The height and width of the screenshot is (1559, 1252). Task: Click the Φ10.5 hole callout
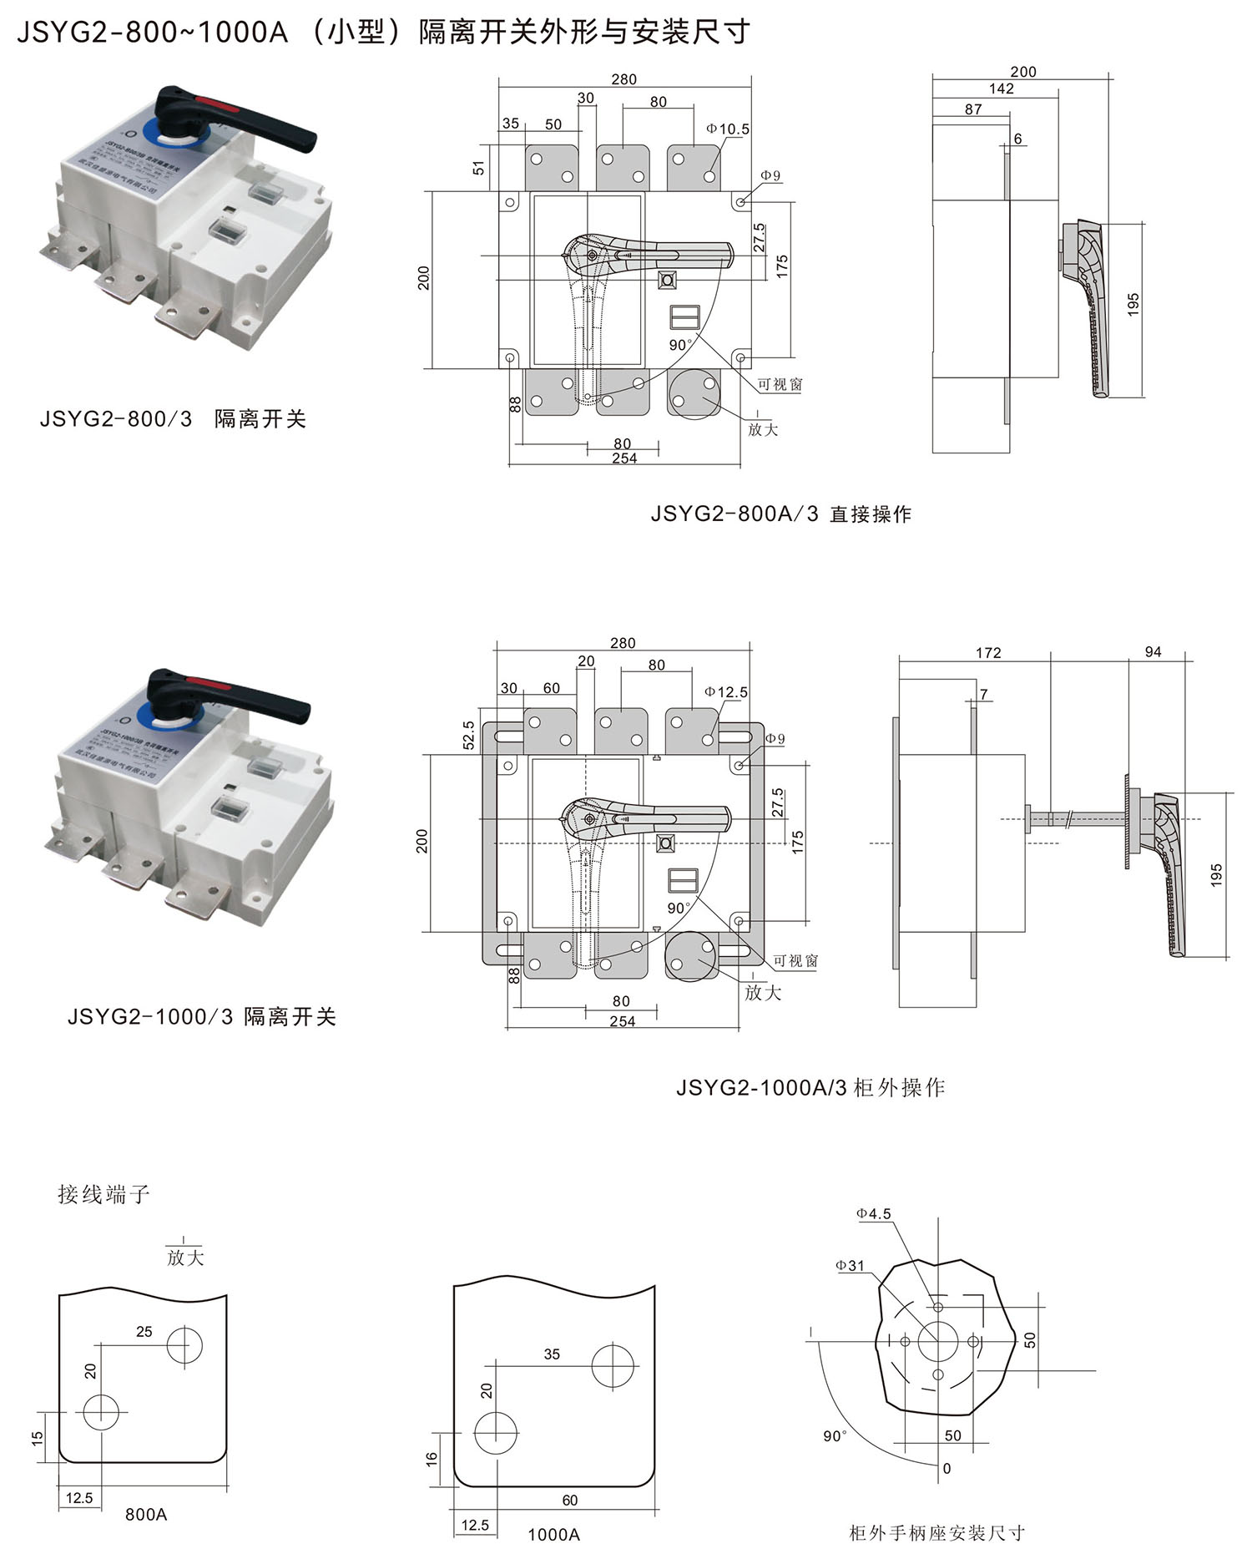[727, 129]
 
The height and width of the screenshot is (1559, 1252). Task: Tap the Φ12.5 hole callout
[725, 692]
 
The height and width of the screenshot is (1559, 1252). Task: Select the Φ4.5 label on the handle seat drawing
[873, 1214]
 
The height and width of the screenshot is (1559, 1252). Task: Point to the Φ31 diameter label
[850, 1266]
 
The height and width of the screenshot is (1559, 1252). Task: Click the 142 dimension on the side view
[1001, 89]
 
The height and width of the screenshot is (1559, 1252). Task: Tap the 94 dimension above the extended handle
[1153, 652]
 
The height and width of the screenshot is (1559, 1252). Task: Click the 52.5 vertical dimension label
[468, 736]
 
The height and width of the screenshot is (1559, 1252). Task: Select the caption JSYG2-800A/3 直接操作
[780, 514]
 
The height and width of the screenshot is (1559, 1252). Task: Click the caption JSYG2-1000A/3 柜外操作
[810, 1088]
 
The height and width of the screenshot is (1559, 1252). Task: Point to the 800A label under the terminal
[146, 1514]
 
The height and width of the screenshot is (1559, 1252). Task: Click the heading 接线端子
[103, 1194]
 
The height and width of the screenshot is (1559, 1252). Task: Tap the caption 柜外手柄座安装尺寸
[936, 1533]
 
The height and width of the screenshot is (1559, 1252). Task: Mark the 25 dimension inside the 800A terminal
[144, 1331]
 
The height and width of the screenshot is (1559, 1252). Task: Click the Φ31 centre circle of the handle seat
[938, 1342]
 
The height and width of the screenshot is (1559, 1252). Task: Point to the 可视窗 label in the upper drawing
[780, 385]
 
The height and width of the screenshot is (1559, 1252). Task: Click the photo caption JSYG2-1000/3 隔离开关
[201, 1017]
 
